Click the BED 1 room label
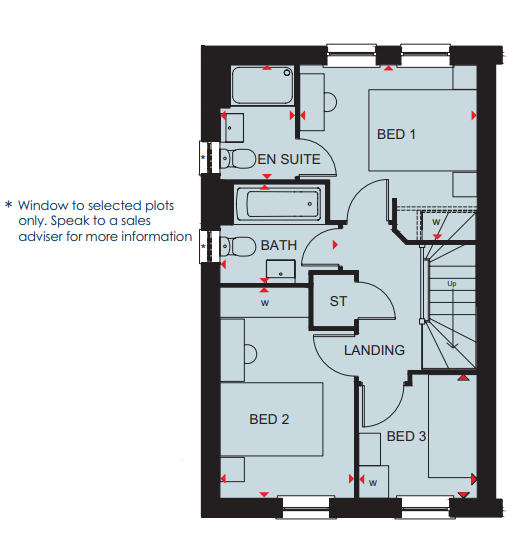tap(396, 134)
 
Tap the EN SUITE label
tap(289, 159)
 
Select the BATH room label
tap(279, 245)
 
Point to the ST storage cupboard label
tap(338, 301)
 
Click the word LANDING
tap(374, 350)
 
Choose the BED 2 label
tap(269, 419)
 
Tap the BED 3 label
tap(406, 436)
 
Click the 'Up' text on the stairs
tap(452, 284)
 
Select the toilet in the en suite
tap(238, 159)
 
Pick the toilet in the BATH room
tap(238, 246)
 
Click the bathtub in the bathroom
tap(279, 204)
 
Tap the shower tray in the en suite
tap(262, 86)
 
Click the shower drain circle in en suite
tap(287, 73)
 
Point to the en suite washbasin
tap(234, 128)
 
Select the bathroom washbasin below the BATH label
tap(281, 269)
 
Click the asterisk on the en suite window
tap(203, 158)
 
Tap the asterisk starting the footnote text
tap(9, 205)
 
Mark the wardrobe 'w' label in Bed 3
tap(373, 483)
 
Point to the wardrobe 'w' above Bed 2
tap(265, 303)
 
